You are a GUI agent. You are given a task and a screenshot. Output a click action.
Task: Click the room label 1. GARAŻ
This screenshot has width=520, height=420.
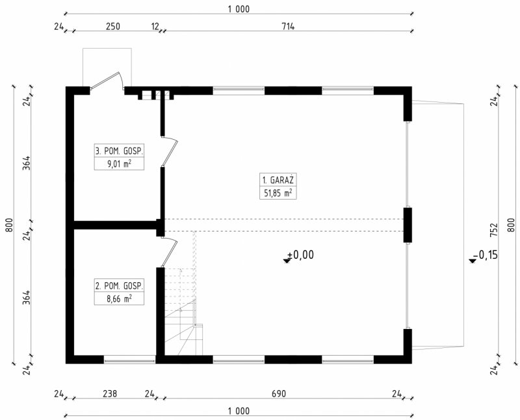click(278, 181)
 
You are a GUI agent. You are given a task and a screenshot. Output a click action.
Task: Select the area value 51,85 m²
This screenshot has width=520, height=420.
click(278, 192)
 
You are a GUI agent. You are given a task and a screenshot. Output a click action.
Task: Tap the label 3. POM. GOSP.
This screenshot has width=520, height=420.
click(119, 151)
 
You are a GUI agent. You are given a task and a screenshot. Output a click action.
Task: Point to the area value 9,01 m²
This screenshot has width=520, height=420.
click(119, 164)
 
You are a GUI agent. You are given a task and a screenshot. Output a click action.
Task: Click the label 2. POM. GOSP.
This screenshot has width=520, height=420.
click(119, 285)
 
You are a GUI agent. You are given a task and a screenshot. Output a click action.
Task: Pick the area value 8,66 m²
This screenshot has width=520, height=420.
click(119, 298)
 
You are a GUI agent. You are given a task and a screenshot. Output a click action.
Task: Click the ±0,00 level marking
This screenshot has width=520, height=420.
click(298, 256)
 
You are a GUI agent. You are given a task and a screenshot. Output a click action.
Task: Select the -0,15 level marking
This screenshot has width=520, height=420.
click(484, 256)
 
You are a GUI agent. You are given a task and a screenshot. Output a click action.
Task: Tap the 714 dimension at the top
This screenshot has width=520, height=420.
click(288, 26)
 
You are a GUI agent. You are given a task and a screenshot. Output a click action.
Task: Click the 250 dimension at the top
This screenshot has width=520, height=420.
click(113, 26)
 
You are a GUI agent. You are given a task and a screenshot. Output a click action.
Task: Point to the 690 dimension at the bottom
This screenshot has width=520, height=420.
click(279, 394)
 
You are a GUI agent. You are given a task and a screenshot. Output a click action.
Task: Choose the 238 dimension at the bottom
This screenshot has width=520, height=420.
click(110, 394)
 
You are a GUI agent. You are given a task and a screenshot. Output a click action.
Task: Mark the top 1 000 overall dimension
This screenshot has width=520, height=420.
click(239, 9)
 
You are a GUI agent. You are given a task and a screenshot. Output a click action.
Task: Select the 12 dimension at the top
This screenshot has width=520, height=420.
click(155, 26)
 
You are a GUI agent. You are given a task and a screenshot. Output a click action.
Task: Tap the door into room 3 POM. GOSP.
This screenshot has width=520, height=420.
click(170, 151)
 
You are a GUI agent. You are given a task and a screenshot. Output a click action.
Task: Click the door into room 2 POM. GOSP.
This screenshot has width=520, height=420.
click(170, 252)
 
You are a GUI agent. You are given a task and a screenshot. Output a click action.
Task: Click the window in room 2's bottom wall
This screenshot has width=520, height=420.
click(129, 360)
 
